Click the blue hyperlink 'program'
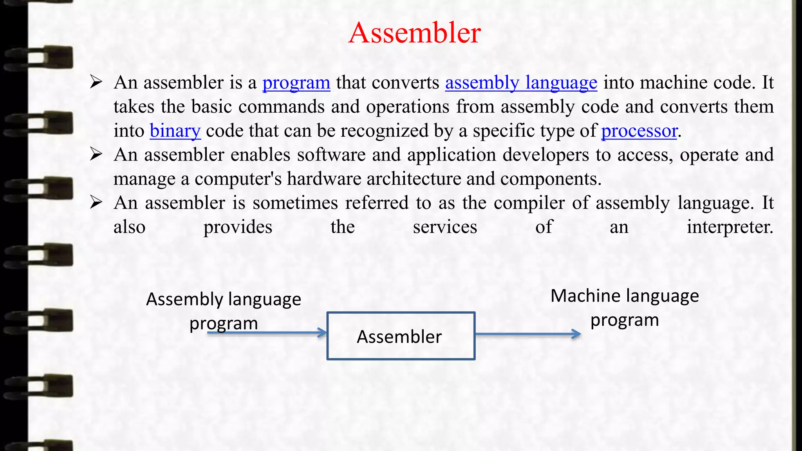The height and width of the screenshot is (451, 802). pos(296,83)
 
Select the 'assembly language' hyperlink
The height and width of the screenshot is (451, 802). pos(521,83)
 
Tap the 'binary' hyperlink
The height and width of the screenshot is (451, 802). pos(175,131)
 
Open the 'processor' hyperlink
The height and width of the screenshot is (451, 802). pos(639,131)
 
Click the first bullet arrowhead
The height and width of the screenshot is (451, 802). pos(96,82)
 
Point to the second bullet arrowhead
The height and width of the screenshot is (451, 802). pos(96,155)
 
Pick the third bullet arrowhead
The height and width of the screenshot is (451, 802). pos(96,203)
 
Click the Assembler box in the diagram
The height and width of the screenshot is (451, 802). pos(401,336)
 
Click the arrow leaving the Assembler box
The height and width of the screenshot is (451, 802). pos(528,334)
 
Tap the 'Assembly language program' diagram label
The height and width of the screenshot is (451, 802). pos(224,311)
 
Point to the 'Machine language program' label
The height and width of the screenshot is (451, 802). pos(625,307)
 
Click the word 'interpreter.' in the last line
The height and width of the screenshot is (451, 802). pos(730,227)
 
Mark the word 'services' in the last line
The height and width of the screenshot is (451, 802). pos(445,227)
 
